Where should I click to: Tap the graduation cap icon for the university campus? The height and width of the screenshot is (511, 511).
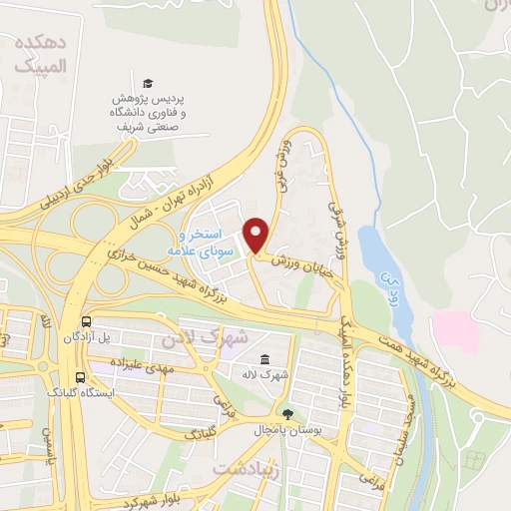[148, 83]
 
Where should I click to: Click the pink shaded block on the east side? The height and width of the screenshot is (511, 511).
[454, 329]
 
